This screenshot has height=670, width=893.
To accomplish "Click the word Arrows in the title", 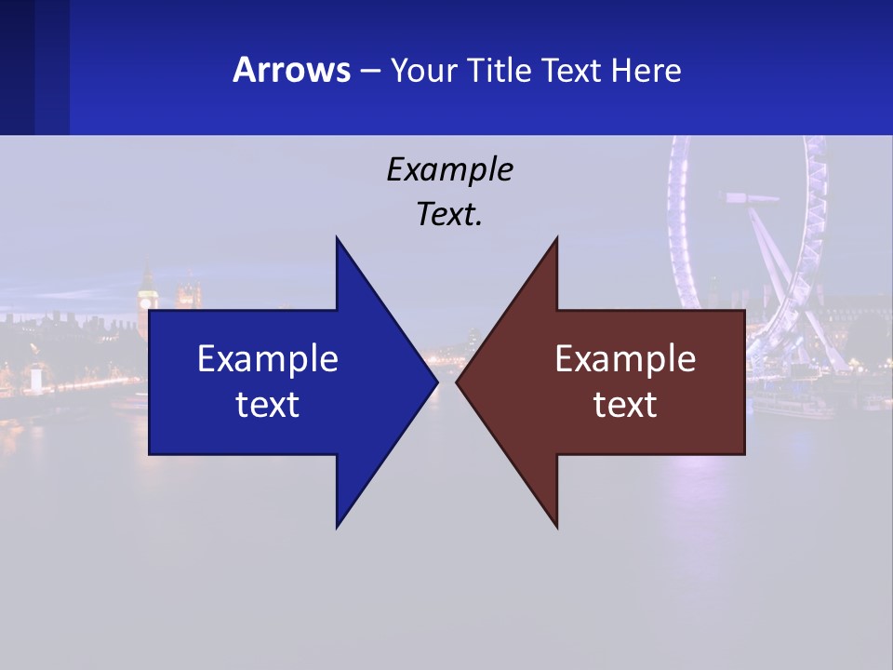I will (291, 71).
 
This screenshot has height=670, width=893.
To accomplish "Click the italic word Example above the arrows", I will (449, 170).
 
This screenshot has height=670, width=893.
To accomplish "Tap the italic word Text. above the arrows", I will (449, 215).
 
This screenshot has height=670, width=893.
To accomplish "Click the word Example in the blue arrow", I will (268, 358).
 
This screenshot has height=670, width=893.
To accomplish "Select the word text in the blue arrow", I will (268, 404).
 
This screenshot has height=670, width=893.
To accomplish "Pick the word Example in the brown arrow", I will (625, 358).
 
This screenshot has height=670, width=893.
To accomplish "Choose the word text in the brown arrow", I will (625, 404).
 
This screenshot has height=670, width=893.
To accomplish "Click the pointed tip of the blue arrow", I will (435, 382).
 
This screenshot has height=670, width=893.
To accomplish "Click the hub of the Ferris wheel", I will (752, 197).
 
